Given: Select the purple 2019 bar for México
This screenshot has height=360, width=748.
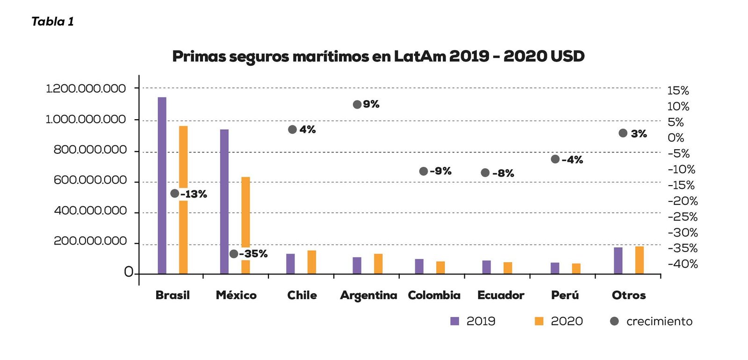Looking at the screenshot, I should (x=224, y=201).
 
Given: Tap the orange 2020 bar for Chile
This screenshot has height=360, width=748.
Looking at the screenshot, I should (x=312, y=262).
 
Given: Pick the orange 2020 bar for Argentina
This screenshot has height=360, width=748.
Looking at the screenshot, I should (x=378, y=264).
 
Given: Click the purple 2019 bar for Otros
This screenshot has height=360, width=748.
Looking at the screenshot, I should (x=618, y=260).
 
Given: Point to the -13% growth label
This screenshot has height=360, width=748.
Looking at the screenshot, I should (x=194, y=194).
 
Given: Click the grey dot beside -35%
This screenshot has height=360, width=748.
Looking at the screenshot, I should (x=234, y=254).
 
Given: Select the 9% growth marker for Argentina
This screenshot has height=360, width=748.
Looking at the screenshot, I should (x=357, y=104).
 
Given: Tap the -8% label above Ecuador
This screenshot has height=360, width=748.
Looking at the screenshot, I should (x=503, y=173).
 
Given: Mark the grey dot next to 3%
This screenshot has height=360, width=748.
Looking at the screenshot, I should (x=623, y=133).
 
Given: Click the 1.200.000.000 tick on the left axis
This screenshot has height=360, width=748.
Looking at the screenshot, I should (x=86, y=88).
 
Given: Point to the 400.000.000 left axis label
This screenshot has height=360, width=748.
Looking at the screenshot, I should (x=90, y=211).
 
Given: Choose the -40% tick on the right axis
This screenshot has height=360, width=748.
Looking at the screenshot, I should (x=683, y=264).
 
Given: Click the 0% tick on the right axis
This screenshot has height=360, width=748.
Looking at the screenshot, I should (x=676, y=138).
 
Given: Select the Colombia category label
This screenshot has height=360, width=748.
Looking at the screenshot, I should (x=434, y=295).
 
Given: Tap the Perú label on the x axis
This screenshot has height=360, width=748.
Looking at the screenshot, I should (x=565, y=295).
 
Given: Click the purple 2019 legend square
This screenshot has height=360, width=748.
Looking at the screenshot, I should (x=454, y=321).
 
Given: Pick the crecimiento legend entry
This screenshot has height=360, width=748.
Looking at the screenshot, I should (x=659, y=321).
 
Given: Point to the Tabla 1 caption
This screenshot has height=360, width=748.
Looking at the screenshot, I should (x=52, y=22).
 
